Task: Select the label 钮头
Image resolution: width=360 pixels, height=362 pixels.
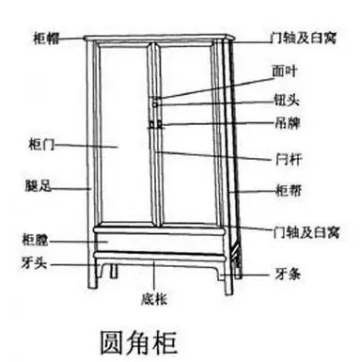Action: coord(283,102)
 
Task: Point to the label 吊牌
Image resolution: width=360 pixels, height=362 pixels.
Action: coord(283,122)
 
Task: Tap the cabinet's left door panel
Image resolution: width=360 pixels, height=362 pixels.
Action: coord(126,132)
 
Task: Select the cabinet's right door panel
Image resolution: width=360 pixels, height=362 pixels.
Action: coord(191,132)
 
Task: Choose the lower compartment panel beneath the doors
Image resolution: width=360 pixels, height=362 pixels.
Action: coord(157,242)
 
